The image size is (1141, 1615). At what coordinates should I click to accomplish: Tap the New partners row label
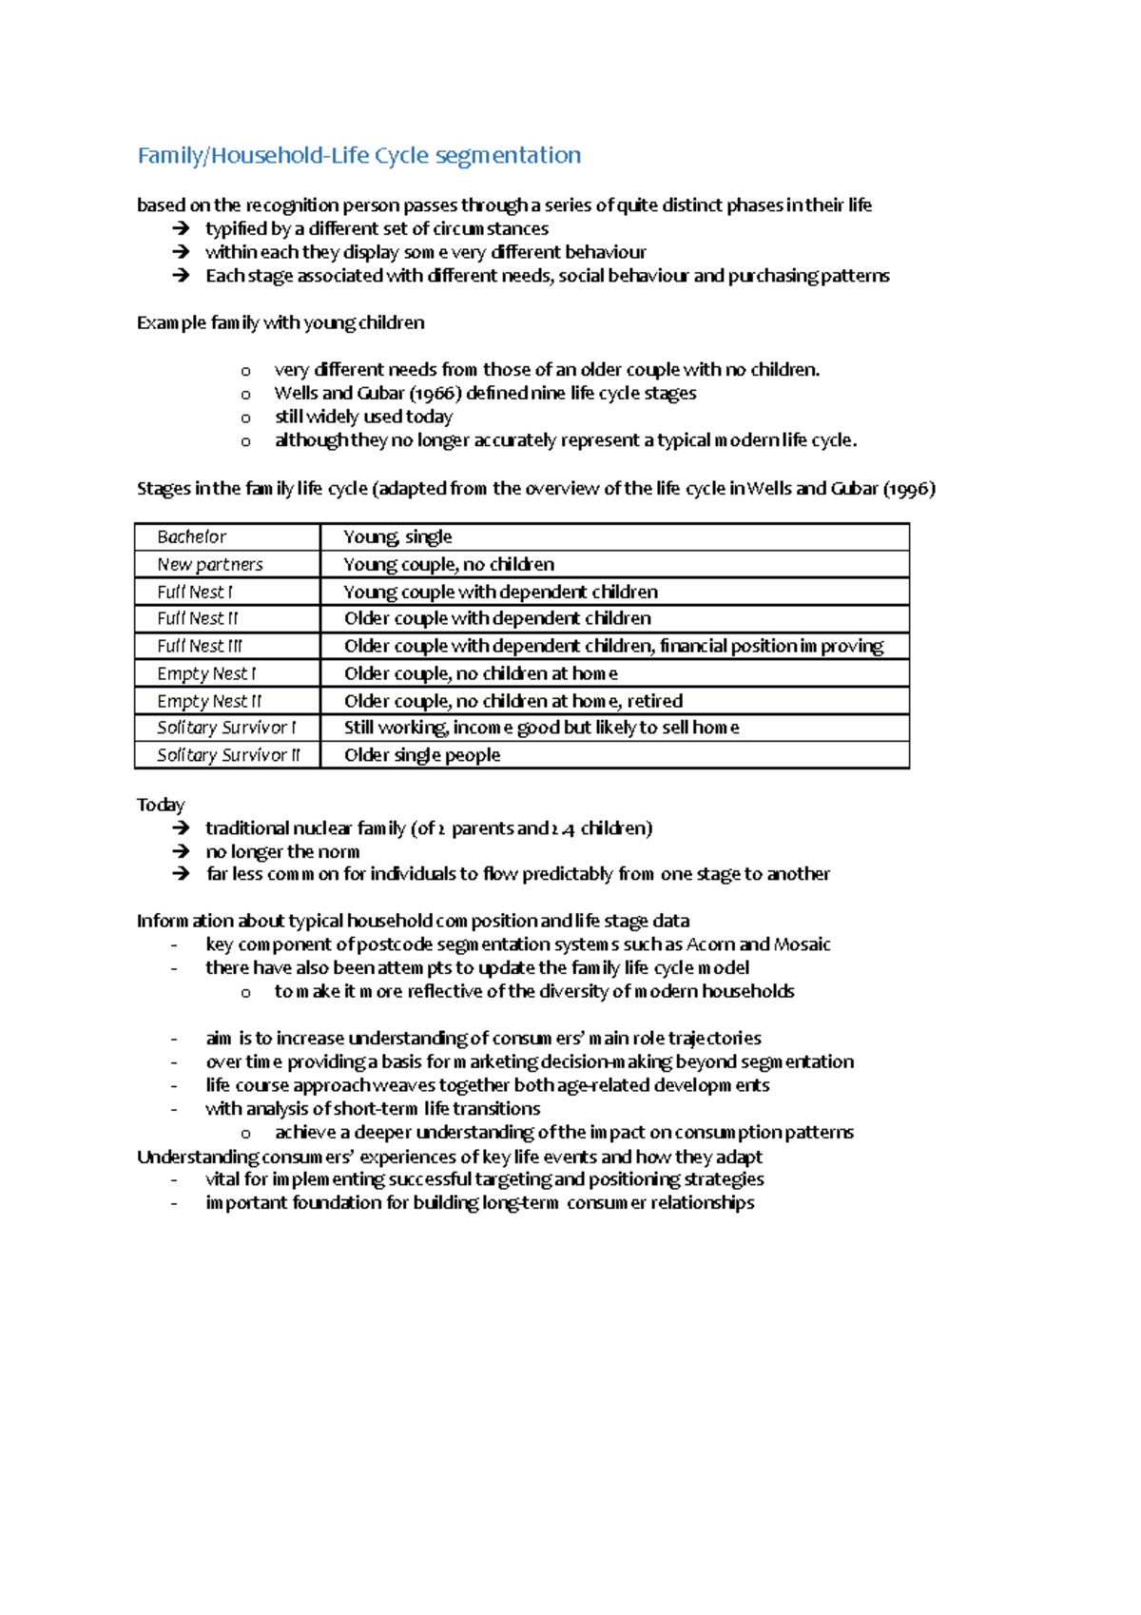[209, 565]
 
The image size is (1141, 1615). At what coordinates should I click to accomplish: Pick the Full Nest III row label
[200, 647]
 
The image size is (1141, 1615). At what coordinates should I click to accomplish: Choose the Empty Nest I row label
[206, 674]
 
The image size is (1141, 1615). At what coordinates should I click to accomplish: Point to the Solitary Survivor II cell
[228, 755]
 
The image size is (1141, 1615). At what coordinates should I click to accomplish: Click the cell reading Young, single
[397, 537]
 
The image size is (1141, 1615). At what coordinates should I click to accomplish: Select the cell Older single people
[422, 755]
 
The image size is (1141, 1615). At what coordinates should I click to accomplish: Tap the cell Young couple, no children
[449, 565]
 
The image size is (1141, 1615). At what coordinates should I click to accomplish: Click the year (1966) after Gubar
[435, 394]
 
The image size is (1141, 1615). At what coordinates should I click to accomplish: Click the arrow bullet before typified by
[181, 229]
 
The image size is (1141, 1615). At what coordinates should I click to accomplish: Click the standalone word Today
[160, 806]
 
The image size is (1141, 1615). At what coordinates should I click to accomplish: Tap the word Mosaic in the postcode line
[802, 944]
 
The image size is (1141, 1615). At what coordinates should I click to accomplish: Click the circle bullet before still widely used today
[245, 418]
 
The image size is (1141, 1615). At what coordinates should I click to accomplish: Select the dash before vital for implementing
[174, 1180]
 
